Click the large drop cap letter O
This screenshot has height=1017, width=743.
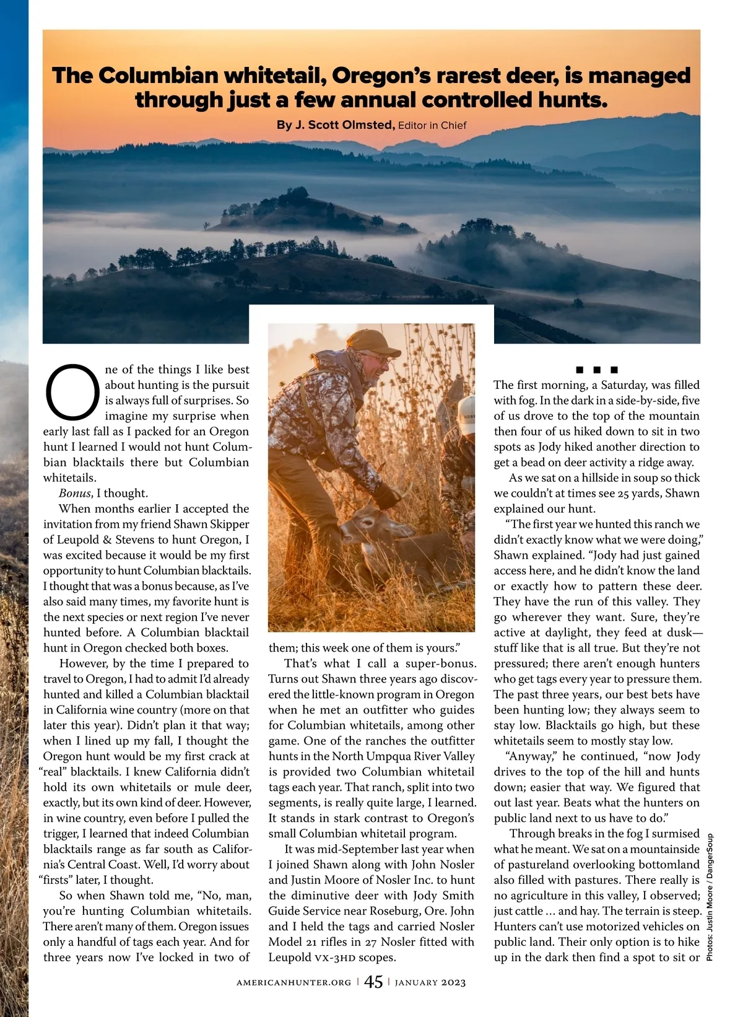coord(72,393)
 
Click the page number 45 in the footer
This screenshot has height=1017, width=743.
coord(373,982)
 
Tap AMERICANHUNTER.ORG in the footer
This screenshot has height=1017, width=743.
coord(293,982)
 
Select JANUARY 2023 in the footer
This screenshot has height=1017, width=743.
coord(430,982)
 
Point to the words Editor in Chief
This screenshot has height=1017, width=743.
coord(432,126)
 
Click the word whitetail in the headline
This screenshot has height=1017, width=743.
coord(273,76)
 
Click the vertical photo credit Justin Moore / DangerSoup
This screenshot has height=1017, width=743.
coord(710,898)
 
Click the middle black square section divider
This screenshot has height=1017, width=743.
coord(597,370)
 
